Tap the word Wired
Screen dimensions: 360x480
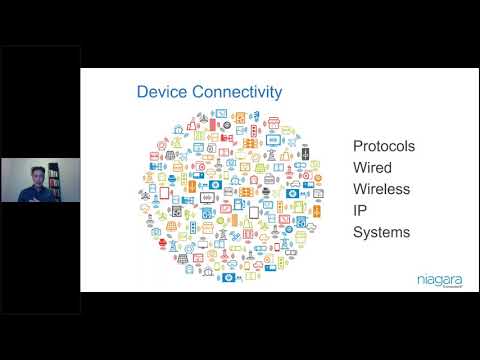(x=373, y=168)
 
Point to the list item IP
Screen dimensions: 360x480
(x=360, y=211)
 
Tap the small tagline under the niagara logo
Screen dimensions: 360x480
(x=445, y=288)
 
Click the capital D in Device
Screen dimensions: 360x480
(x=142, y=93)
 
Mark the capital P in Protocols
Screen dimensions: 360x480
(x=358, y=146)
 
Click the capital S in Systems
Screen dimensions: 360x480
(x=358, y=233)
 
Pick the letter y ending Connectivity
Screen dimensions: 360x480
(x=277, y=95)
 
